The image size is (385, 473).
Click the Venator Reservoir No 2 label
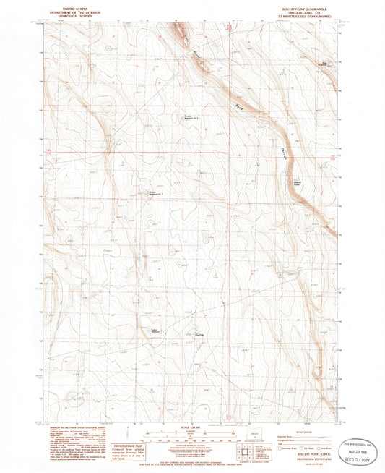pyautogui.click(x=190, y=116)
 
